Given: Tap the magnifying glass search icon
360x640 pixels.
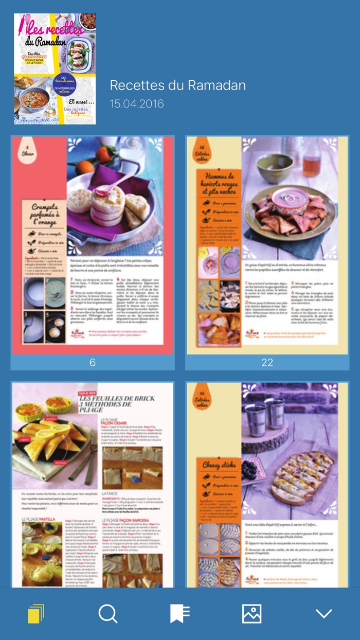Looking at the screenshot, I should pyautogui.click(x=108, y=613).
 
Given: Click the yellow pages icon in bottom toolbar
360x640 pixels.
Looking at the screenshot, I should pyautogui.click(x=36, y=613).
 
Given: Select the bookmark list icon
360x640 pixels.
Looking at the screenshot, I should pyautogui.click(x=180, y=613).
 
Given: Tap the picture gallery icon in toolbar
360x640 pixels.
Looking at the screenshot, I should pyautogui.click(x=251, y=613).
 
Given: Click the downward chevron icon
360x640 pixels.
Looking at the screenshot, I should pyautogui.click(x=324, y=613).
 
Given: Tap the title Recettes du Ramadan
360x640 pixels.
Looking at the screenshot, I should pyautogui.click(x=178, y=85).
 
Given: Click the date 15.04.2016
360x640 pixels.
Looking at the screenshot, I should pyautogui.click(x=137, y=104).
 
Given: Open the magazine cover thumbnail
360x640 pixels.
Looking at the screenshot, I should pyautogui.click(x=55, y=69).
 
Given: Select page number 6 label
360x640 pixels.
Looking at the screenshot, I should pyautogui.click(x=93, y=363).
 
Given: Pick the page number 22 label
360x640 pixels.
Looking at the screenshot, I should pyautogui.click(x=267, y=363).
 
